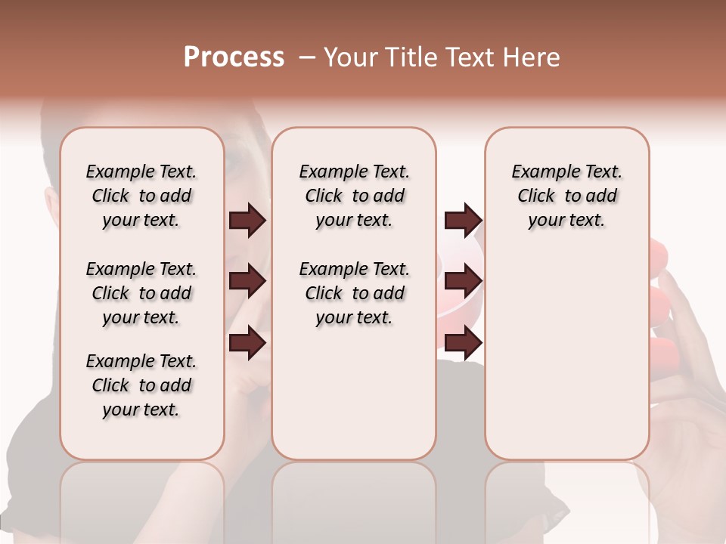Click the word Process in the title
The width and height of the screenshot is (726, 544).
[234, 57]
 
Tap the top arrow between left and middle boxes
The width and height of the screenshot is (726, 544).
[247, 221]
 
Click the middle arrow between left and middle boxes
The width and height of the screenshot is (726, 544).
[247, 281]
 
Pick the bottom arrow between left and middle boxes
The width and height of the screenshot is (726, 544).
[247, 343]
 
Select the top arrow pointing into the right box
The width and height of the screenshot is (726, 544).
[463, 221]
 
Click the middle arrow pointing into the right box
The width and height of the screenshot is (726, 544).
[463, 281]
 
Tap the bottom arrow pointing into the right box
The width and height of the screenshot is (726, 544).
[463, 343]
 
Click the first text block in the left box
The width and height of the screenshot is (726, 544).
[141, 196]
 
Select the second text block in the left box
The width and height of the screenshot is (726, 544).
[141, 293]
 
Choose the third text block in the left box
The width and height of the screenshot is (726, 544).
[141, 385]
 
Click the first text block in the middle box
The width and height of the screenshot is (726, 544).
[354, 196]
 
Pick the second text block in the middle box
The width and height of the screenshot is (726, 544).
[354, 293]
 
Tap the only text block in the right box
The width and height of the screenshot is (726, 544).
[566, 196]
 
